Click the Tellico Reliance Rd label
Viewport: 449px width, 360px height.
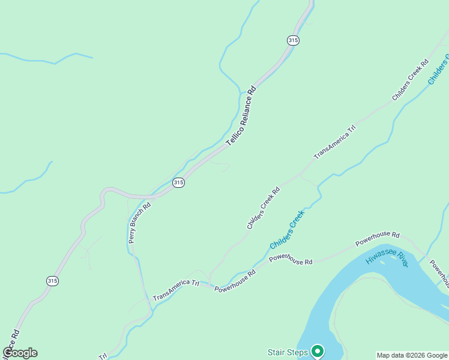(241, 116)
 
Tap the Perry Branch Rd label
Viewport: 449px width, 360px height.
(139, 222)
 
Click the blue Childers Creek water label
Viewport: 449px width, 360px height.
(288, 229)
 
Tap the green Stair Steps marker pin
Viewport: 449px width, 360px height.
(318, 352)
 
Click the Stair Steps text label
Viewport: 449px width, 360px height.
(287, 352)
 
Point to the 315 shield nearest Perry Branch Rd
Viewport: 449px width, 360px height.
(178, 182)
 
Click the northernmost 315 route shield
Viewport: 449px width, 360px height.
(293, 40)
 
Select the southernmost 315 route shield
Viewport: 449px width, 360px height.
(53, 280)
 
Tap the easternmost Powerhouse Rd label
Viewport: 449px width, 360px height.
(377, 238)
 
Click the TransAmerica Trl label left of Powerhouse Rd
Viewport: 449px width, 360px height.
(175, 289)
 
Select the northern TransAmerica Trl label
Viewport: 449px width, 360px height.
(335, 142)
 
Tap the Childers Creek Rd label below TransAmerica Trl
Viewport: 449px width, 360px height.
(264, 208)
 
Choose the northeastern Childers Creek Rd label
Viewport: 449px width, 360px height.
(410, 79)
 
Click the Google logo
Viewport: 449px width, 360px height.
(20, 353)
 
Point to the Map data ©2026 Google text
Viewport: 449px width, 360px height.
(412, 355)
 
